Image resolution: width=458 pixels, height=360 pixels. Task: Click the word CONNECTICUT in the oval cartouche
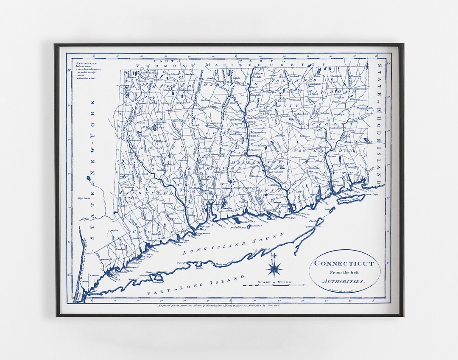tap(344, 263)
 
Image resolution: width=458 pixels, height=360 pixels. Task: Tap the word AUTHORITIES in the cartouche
tap(344, 281)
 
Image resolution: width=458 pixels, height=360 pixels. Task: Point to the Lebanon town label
tap(304, 136)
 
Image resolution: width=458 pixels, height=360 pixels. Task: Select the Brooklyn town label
tap(338, 114)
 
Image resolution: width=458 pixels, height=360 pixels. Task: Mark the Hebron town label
tap(281, 136)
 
